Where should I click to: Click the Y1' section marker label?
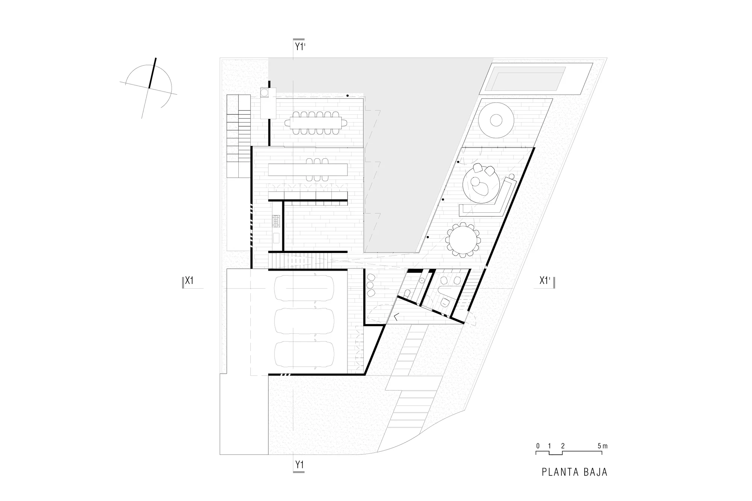300,47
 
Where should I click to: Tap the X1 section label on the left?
189,281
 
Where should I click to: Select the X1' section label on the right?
545,281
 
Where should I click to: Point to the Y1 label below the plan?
299,465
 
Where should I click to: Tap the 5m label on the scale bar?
602,446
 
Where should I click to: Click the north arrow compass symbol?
149,88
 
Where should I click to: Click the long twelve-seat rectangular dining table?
316,122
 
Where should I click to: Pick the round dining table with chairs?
463,240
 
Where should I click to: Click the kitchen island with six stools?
308,170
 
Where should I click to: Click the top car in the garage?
304,288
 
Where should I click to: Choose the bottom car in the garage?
304,354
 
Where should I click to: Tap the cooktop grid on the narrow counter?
277,221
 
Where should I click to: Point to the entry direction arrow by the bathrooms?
396,318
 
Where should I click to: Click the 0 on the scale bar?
538,446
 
